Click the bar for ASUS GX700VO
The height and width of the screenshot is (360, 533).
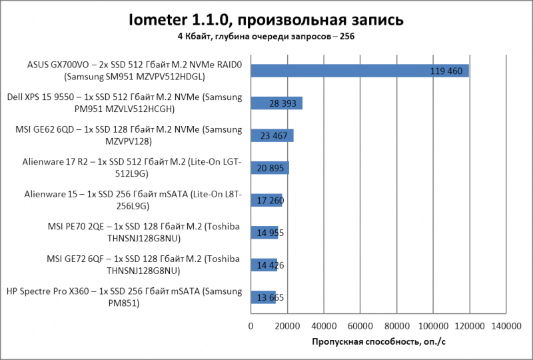click(360, 71)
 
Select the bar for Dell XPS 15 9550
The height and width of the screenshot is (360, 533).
click(276, 103)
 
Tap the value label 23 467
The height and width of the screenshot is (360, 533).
click(274, 136)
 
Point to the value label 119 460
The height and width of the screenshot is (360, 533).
click(446, 71)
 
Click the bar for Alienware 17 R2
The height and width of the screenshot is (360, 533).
click(270, 168)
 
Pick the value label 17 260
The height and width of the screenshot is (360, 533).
click(270, 201)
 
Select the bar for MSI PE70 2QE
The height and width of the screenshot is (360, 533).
click(265, 233)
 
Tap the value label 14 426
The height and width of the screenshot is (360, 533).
click(270, 265)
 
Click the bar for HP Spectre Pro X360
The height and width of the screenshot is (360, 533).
click(263, 297)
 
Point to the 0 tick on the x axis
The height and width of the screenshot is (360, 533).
click(251, 326)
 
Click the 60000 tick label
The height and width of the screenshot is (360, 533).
click(360, 326)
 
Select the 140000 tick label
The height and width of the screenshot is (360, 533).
click(506, 326)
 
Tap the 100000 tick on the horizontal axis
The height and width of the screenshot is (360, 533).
click(433, 326)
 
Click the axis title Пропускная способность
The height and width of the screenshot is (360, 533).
click(378, 341)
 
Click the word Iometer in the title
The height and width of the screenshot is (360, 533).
click(158, 20)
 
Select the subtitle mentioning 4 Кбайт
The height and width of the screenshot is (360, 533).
click(266, 37)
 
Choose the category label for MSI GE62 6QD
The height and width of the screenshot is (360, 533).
click(129, 135)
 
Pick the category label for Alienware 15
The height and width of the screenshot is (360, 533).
click(133, 200)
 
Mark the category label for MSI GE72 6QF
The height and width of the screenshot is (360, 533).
click(143, 265)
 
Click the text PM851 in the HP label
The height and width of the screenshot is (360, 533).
click(124, 303)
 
